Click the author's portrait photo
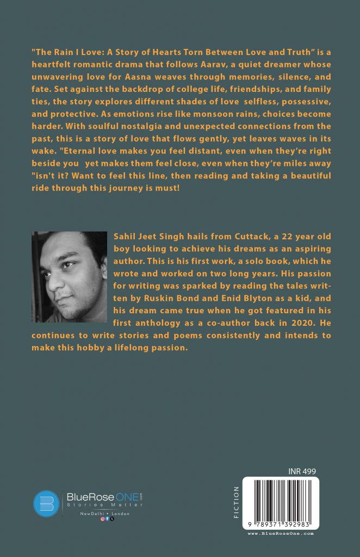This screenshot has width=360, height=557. point(70,276)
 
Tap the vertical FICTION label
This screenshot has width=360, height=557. point(236,502)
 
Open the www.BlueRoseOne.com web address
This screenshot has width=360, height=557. point(281,534)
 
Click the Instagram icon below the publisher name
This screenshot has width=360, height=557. point(102,520)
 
